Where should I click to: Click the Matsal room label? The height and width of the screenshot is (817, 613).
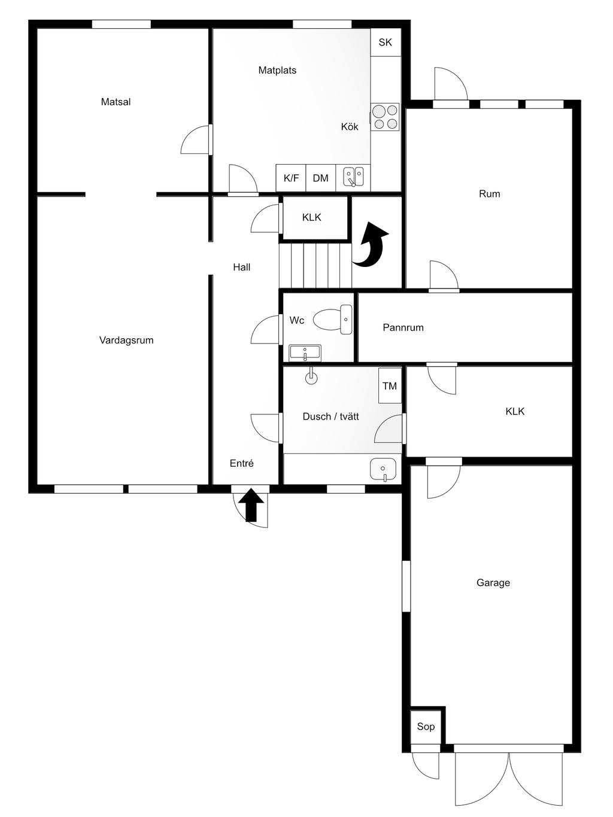click(x=116, y=102)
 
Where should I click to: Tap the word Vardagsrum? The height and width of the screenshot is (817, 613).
click(x=126, y=340)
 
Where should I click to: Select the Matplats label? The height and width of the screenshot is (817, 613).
click(x=277, y=70)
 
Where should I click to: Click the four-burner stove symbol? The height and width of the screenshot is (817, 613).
click(x=386, y=117)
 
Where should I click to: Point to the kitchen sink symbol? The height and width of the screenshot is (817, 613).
click(x=353, y=177)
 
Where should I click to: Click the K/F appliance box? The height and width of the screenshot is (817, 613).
click(x=291, y=178)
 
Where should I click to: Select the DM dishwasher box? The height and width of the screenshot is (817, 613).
click(x=320, y=178)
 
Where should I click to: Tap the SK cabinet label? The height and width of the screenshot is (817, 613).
click(x=386, y=42)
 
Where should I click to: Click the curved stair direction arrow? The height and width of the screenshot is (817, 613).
click(x=371, y=244)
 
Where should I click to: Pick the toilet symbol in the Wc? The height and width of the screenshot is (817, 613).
click(x=333, y=320)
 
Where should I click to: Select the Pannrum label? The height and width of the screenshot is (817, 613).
click(x=403, y=327)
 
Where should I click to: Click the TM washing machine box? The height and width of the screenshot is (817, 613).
click(x=390, y=386)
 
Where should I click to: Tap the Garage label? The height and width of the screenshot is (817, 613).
click(x=493, y=582)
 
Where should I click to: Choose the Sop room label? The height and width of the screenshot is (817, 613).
click(x=426, y=727)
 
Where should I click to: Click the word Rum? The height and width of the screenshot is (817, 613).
click(x=489, y=194)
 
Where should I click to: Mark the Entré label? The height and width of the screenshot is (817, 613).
click(x=242, y=463)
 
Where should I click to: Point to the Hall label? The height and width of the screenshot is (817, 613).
click(x=242, y=267)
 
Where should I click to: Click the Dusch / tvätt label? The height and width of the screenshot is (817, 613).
click(x=330, y=417)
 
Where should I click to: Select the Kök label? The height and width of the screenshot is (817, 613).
click(x=350, y=126)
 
